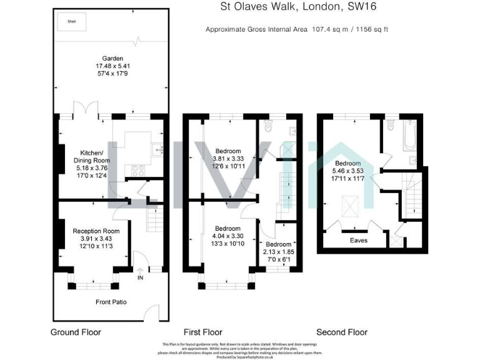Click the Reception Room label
point(95,231)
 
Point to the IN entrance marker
point(140,277)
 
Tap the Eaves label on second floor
point(358,240)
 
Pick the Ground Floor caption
point(75,332)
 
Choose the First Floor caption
point(202,332)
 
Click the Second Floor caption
point(342,332)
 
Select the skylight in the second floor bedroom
point(347,205)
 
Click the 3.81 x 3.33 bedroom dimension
point(229,158)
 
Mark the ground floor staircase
point(154,220)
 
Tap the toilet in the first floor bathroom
point(269,126)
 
